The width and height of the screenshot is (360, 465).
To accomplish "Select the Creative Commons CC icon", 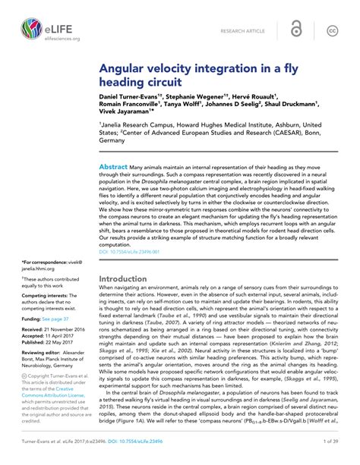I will click(332, 30).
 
